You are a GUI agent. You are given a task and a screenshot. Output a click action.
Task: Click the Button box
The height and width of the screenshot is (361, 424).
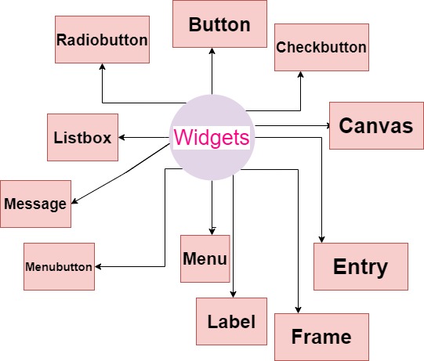coord(219,24)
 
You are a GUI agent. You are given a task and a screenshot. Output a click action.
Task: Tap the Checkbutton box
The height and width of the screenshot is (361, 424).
coord(321,47)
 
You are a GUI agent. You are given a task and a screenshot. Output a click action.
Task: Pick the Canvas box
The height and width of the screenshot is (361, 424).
coord(375,125)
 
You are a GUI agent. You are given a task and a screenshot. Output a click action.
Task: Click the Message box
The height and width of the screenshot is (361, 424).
coord(35,204)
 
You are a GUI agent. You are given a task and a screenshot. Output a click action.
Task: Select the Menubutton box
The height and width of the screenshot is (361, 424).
coord(59,266)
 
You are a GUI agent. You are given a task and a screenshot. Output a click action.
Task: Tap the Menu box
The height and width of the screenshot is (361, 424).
coord(205,258)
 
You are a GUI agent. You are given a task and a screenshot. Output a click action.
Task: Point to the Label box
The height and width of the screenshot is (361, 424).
coord(231,321)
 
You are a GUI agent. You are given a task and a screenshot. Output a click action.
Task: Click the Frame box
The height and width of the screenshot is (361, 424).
coord(321,337)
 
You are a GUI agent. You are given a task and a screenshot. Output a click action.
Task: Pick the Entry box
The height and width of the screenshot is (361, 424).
coord(361,266)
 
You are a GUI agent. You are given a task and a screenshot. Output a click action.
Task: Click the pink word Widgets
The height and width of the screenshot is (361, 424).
coord(212,138)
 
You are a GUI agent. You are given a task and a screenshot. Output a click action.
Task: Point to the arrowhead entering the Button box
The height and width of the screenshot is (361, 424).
coord(212,52)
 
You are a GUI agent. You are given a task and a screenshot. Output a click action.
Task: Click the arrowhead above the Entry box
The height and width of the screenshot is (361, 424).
coord(321,239)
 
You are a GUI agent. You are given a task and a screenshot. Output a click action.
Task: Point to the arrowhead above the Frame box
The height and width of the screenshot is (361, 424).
coord(298,309)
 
